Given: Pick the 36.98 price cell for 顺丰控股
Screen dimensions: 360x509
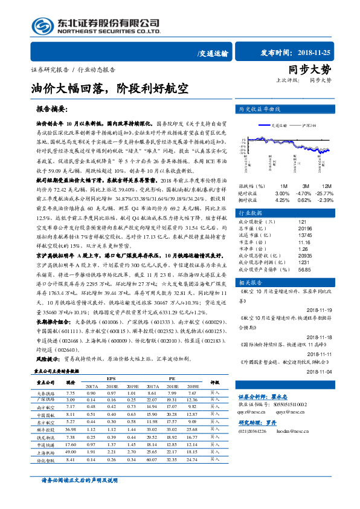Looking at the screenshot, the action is pyautogui.click(x=70, y=429).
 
